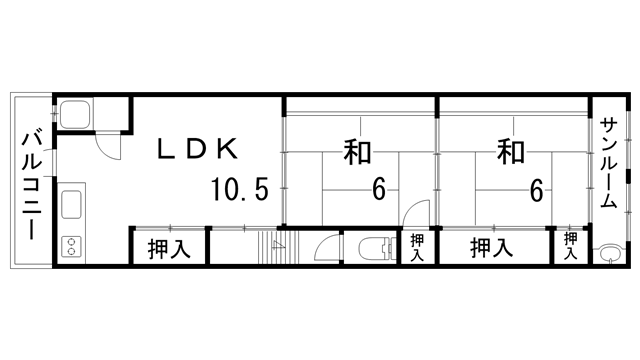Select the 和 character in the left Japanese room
click(357, 151)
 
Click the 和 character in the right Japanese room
click(511, 151)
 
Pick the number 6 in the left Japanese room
click(379, 189)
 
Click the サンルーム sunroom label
click(608, 163)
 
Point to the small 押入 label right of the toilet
click(417, 246)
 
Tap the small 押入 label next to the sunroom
click(571, 246)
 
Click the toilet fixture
click(373, 248)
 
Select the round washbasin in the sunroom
click(607, 252)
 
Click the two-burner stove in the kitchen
click(72, 245)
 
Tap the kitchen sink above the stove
click(73, 207)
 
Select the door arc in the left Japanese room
click(417, 213)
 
